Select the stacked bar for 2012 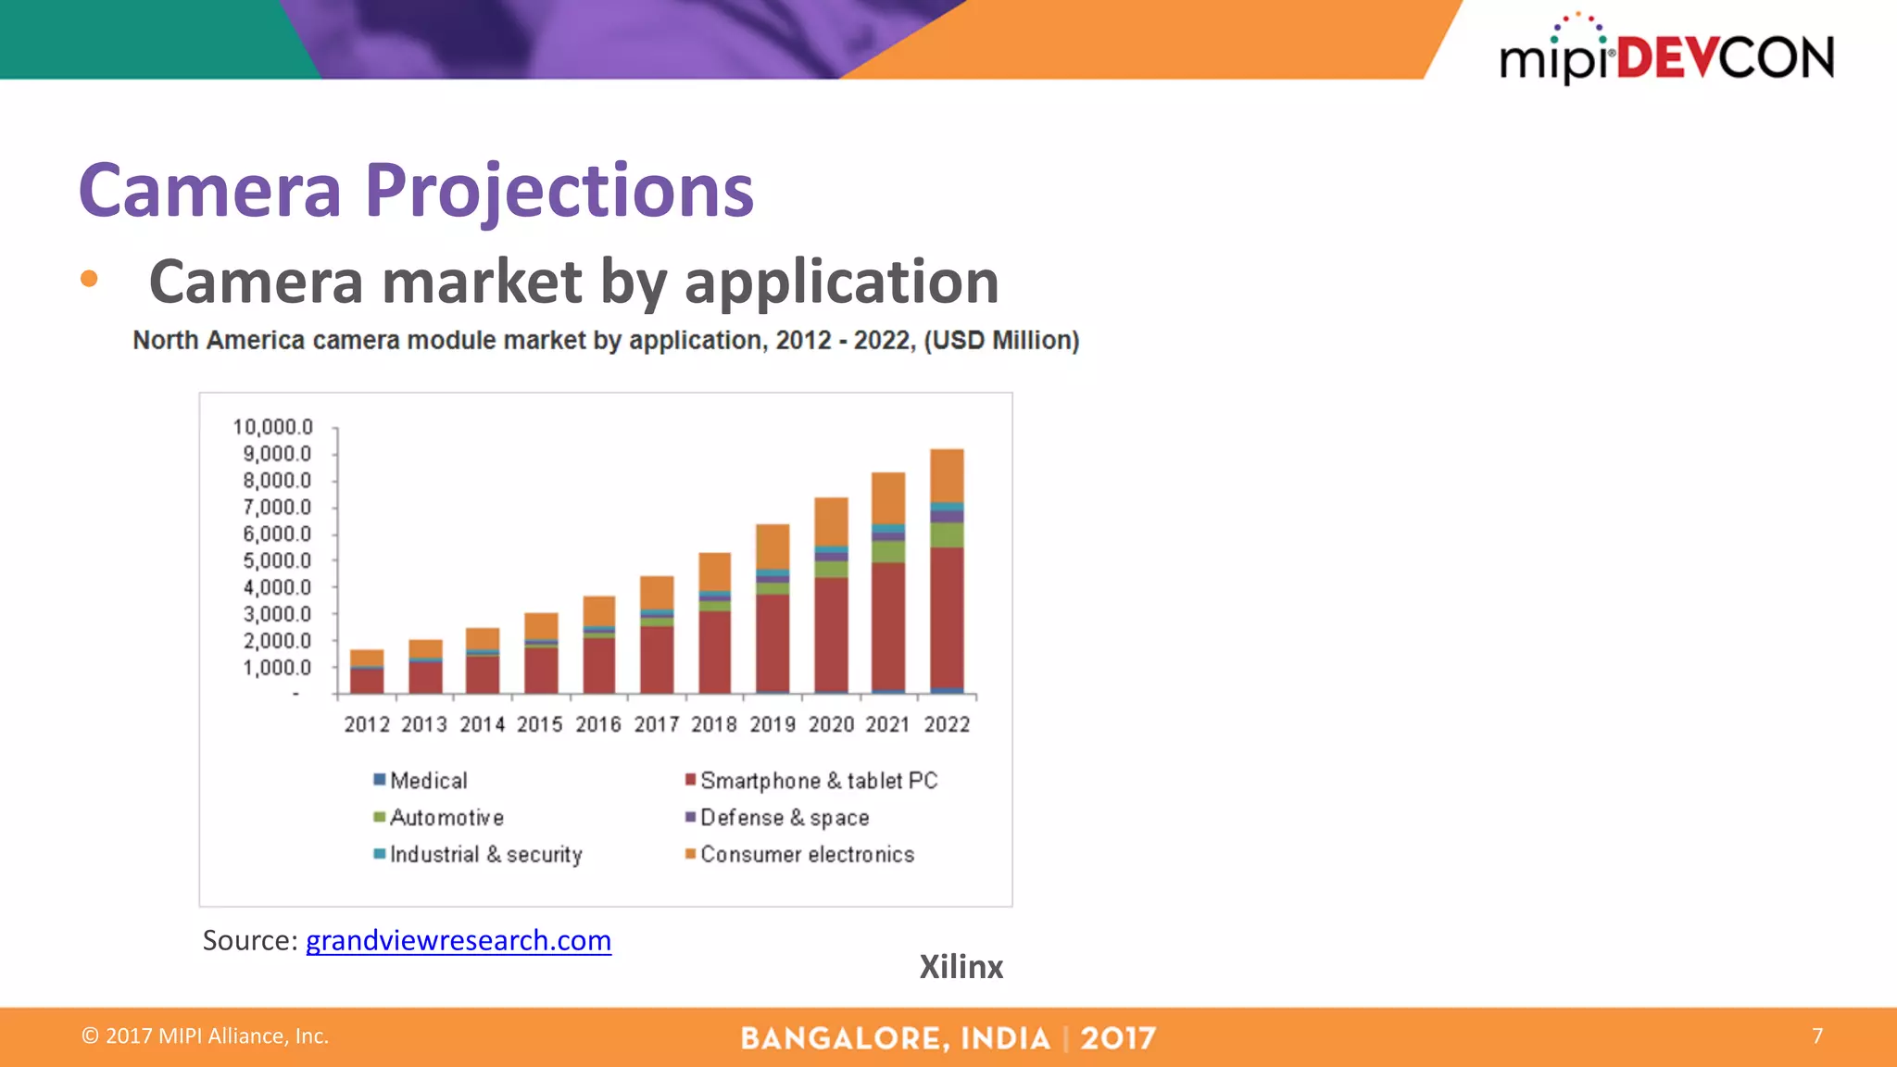(x=367, y=672)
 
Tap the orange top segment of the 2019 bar (x=773, y=546)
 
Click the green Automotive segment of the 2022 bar (x=947, y=534)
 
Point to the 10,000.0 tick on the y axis (x=273, y=427)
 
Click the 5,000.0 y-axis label (x=277, y=560)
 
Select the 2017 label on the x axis (x=656, y=724)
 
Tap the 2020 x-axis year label (x=831, y=724)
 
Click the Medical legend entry (x=421, y=781)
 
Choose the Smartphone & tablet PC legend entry (x=811, y=781)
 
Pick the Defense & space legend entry (x=777, y=818)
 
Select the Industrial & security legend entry (x=478, y=854)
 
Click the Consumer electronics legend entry (x=799, y=854)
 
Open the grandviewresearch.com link (x=459, y=940)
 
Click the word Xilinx (x=961, y=967)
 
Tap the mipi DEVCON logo (x=1666, y=54)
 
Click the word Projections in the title (x=559, y=191)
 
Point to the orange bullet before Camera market (x=89, y=279)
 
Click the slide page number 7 (x=1817, y=1036)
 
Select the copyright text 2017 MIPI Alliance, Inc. (x=206, y=1036)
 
